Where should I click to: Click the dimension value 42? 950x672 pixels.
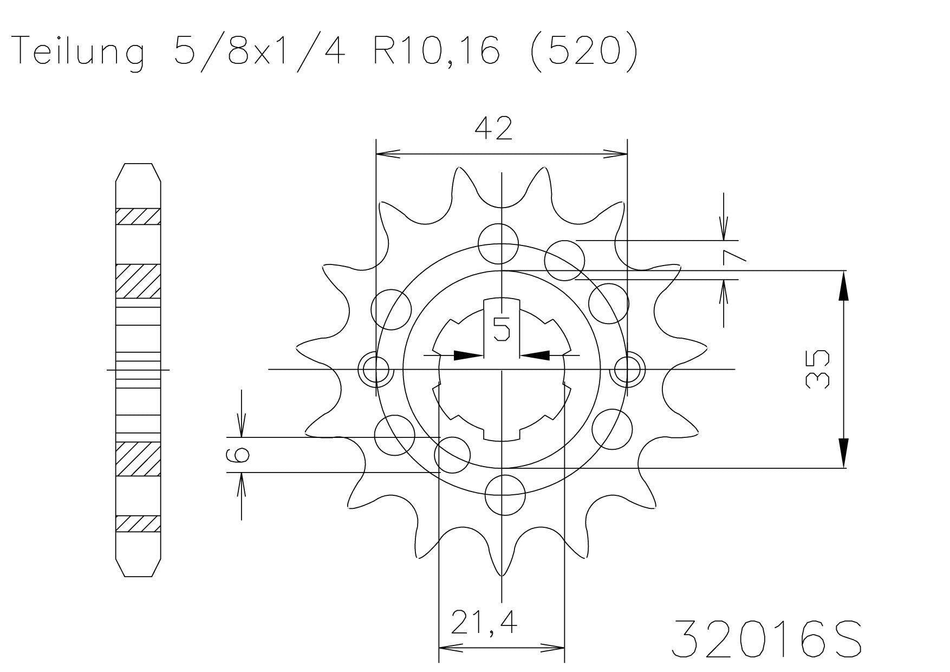coord(493,130)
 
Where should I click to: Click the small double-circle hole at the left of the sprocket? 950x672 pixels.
coord(376,371)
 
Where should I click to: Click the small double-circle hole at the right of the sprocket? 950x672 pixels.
coord(627,371)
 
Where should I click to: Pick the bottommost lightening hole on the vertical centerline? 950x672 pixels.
coord(505,495)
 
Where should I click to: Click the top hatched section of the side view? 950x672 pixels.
coord(138,216)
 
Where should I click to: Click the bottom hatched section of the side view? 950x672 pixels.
coord(138,524)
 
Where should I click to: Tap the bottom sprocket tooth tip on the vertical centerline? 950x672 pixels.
coord(503,573)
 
